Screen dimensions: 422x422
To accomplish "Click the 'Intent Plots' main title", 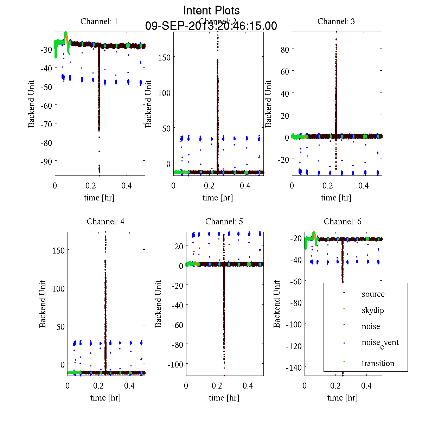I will (x=211, y=11).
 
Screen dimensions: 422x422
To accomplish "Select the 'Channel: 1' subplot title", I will (x=99, y=21).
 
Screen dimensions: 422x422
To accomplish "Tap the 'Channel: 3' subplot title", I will (x=336, y=21).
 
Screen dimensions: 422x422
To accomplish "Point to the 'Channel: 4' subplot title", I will (x=105, y=222).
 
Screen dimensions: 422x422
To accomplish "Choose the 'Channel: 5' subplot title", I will (x=224, y=222).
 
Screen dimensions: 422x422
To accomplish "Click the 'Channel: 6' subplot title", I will (x=343, y=222).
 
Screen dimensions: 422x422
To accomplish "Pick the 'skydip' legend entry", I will (x=373, y=310).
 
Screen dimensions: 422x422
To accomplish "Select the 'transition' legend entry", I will (x=378, y=363).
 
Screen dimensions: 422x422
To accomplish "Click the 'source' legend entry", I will (x=373, y=294).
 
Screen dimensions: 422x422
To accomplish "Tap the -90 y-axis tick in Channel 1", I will (x=46, y=161).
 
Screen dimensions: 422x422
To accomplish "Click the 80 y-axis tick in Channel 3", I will (x=284, y=49).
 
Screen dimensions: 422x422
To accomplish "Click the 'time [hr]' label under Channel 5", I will (x=224, y=398).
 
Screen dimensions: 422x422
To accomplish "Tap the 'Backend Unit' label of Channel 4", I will (x=43, y=304).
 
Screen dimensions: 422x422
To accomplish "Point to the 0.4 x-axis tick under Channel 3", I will (x=364, y=185).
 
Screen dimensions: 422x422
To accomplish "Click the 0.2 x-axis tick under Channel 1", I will (x=91, y=185).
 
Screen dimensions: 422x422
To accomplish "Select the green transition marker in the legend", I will (x=344, y=362).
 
